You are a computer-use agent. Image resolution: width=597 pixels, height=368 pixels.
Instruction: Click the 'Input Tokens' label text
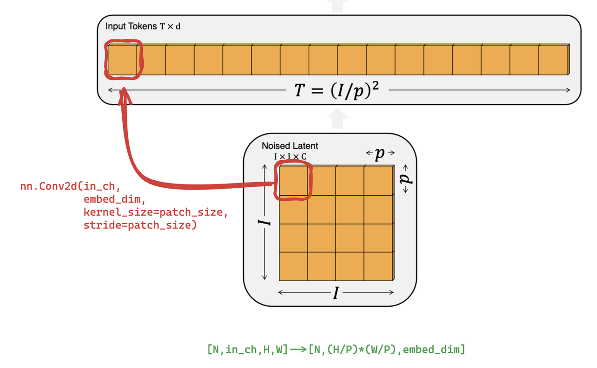(x=131, y=26)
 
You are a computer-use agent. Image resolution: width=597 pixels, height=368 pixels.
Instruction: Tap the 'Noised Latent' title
(x=290, y=146)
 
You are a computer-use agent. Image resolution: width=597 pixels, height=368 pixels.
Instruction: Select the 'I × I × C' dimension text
(x=290, y=156)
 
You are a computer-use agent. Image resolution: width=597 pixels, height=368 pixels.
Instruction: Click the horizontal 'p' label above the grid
(x=380, y=153)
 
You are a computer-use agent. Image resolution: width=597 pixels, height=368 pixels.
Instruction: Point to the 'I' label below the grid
(x=336, y=293)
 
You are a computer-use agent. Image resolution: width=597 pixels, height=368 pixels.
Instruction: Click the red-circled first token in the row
(x=123, y=60)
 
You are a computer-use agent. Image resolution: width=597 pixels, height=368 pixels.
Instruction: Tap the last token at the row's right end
(x=553, y=60)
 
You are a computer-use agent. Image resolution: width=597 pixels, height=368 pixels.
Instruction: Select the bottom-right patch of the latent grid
(x=378, y=266)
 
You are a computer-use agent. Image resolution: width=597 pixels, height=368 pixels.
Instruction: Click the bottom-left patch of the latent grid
(x=293, y=266)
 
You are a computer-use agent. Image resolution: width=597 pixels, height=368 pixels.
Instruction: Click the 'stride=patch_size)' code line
(x=140, y=226)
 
